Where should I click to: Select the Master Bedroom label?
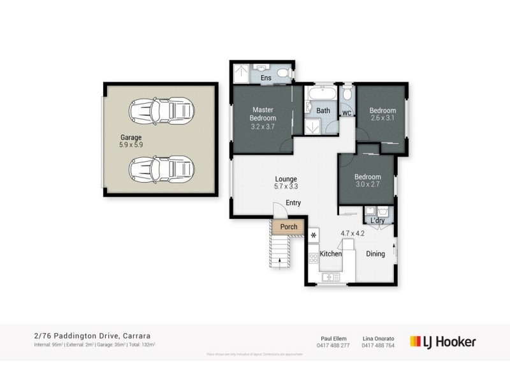(263, 114)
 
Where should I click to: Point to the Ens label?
(266, 78)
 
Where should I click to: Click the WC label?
(347, 113)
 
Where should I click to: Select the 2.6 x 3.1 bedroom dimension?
(383, 118)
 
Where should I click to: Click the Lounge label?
(286, 179)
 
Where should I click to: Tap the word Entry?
(293, 203)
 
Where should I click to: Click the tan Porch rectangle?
(284, 226)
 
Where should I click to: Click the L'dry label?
(376, 221)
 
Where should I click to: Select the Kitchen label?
(331, 254)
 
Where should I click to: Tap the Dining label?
(375, 254)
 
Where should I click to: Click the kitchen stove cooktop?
(314, 258)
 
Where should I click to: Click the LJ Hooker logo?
(443, 341)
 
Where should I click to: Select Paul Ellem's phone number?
(333, 346)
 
